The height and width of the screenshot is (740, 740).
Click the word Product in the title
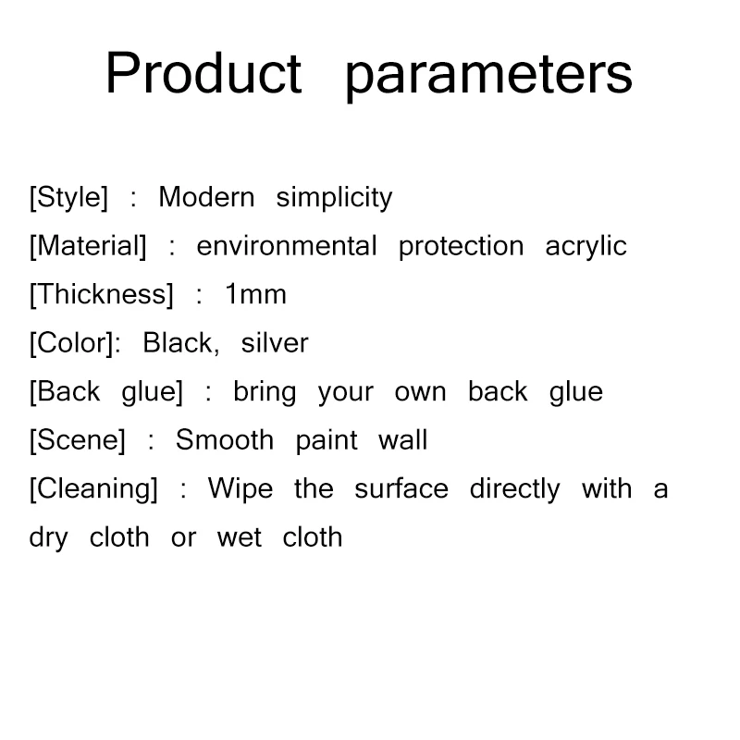click(x=203, y=73)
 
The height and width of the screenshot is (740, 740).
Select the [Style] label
click(x=68, y=198)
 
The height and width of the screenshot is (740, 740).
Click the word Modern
click(x=206, y=197)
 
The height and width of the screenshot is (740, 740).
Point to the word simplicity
click(x=334, y=198)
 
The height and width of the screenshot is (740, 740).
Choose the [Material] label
click(x=88, y=246)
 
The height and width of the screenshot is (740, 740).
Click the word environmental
click(x=287, y=246)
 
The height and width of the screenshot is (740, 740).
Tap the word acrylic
click(x=586, y=247)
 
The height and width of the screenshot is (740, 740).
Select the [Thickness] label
click(x=102, y=295)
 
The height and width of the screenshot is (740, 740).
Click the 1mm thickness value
click(x=256, y=294)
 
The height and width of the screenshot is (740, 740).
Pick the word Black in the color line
click(x=180, y=342)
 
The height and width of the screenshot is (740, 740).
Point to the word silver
click(x=275, y=342)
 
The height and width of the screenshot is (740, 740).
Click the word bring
click(x=265, y=392)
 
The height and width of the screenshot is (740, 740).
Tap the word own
click(x=421, y=393)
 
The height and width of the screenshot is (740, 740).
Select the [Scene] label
click(x=78, y=441)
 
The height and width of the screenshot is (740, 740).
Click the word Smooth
click(x=225, y=440)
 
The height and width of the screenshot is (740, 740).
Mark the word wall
click(x=402, y=440)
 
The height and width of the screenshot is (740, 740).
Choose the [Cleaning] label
click(x=93, y=489)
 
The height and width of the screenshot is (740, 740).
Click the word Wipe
click(x=240, y=489)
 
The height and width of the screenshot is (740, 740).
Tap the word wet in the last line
click(x=240, y=538)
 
